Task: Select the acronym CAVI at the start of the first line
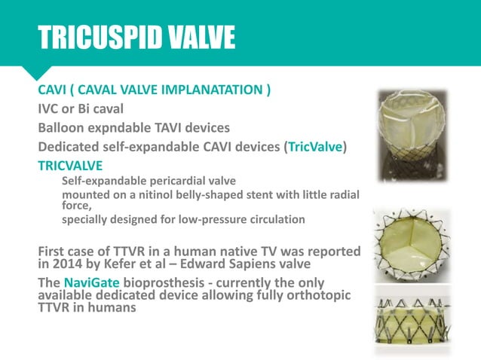click(x=55, y=92)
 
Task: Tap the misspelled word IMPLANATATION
click(x=206, y=92)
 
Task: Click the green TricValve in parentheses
click(x=315, y=147)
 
